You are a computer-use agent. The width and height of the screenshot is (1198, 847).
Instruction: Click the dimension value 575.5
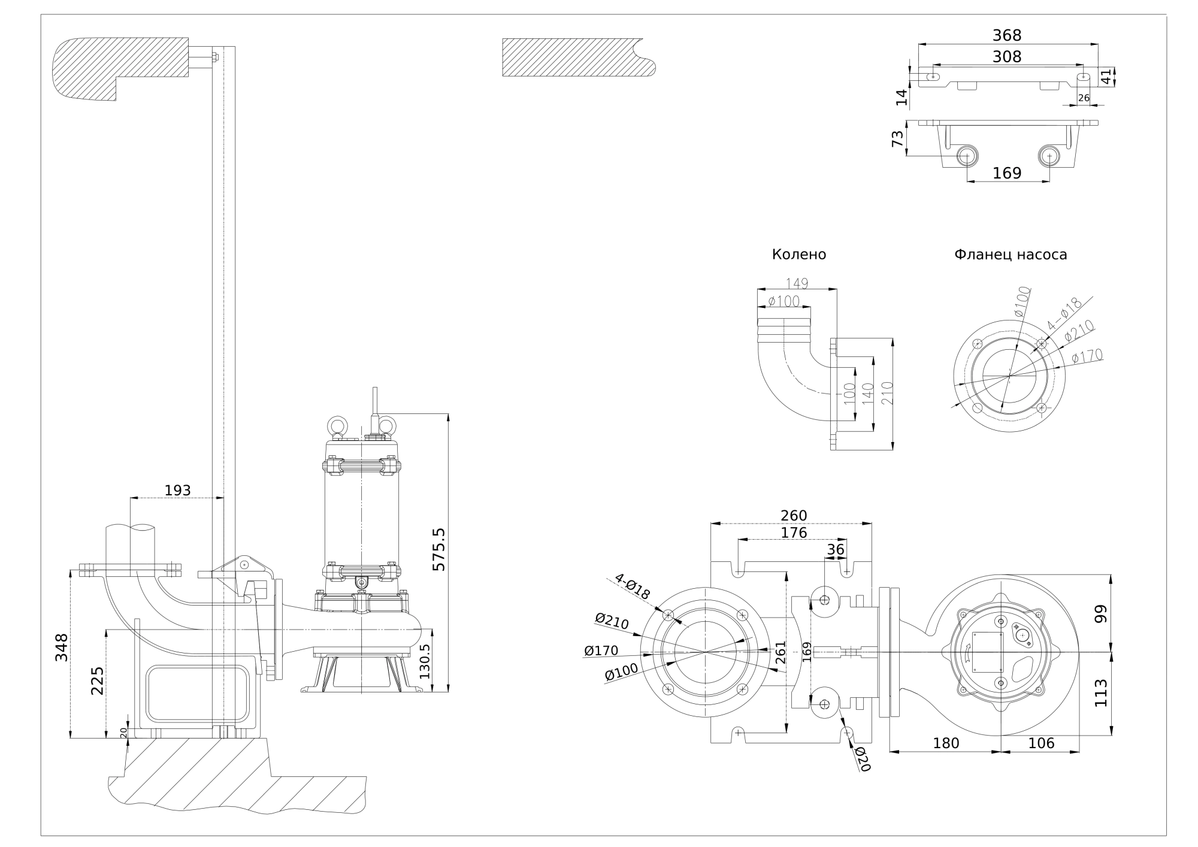[x=438, y=549]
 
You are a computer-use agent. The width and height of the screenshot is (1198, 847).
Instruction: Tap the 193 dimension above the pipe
[x=177, y=491]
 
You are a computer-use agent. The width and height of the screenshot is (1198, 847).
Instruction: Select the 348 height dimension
[x=62, y=648]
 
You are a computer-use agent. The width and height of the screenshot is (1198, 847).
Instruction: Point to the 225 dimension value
[x=97, y=680]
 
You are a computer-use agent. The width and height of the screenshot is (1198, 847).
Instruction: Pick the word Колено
[x=798, y=255]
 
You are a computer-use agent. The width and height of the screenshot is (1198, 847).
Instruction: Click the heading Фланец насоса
[x=1011, y=255]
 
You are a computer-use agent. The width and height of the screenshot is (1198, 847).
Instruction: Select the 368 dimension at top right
[x=1007, y=35]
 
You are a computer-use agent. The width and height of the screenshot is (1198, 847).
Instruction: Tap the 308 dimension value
[x=1007, y=56]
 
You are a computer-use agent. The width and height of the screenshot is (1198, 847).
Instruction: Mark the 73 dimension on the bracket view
[x=897, y=139]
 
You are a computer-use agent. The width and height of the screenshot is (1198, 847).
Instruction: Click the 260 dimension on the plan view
[x=794, y=516]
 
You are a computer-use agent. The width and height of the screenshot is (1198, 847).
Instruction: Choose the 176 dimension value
[x=794, y=533]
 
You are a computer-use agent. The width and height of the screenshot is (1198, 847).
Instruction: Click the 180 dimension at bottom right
[x=946, y=743]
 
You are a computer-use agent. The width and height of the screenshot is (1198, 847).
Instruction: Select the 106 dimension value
[x=1041, y=743]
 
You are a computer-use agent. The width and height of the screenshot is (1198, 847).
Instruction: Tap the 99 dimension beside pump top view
[x=1101, y=614]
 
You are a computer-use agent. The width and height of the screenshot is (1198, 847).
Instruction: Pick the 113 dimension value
[x=1101, y=693]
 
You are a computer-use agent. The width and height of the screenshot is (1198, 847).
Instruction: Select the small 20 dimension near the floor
[x=123, y=732]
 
